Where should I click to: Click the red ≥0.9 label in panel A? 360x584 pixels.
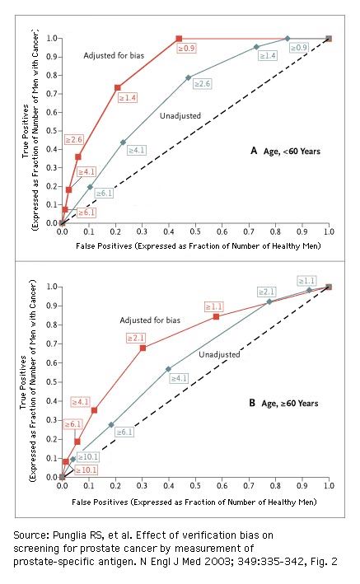187,49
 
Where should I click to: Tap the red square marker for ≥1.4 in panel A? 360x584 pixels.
117,87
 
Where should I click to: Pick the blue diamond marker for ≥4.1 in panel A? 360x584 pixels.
123,142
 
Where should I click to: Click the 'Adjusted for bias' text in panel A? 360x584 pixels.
113,54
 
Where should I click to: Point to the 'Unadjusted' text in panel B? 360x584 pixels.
219,354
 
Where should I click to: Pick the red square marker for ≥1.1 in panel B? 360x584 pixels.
216,316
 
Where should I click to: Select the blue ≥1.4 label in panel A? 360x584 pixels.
267,55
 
